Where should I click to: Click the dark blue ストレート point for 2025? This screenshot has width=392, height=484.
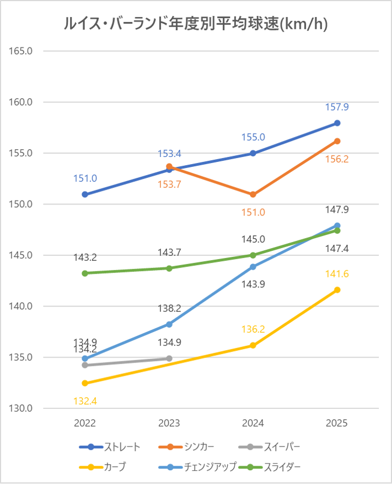click(x=337, y=123)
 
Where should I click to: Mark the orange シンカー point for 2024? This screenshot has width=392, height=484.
click(x=253, y=194)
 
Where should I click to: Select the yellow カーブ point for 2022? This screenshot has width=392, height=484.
click(x=85, y=383)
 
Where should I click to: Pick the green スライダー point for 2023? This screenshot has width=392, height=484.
click(x=169, y=268)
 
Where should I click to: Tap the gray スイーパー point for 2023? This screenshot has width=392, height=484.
click(x=169, y=358)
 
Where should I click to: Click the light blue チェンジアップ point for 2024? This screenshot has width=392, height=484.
click(x=253, y=267)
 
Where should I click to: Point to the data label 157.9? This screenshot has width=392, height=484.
click(x=337, y=107)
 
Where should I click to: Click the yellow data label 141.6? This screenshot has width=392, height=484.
click(x=337, y=274)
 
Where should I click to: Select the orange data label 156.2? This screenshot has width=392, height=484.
click(x=337, y=159)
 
